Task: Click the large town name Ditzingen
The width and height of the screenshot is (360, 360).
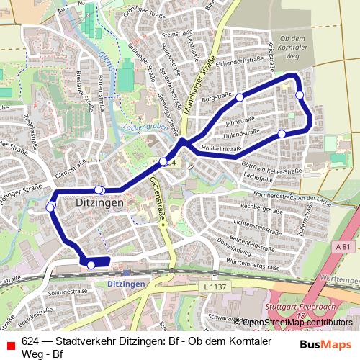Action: click(x=100, y=204)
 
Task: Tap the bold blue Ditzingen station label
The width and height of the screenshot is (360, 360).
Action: click(x=126, y=284)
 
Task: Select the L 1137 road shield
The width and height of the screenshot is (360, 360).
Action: click(x=214, y=287)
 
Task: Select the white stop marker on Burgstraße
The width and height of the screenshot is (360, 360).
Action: click(x=239, y=96)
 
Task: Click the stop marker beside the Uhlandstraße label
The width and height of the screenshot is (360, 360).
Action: click(x=282, y=133)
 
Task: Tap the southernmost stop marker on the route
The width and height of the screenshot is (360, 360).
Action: click(x=91, y=265)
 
